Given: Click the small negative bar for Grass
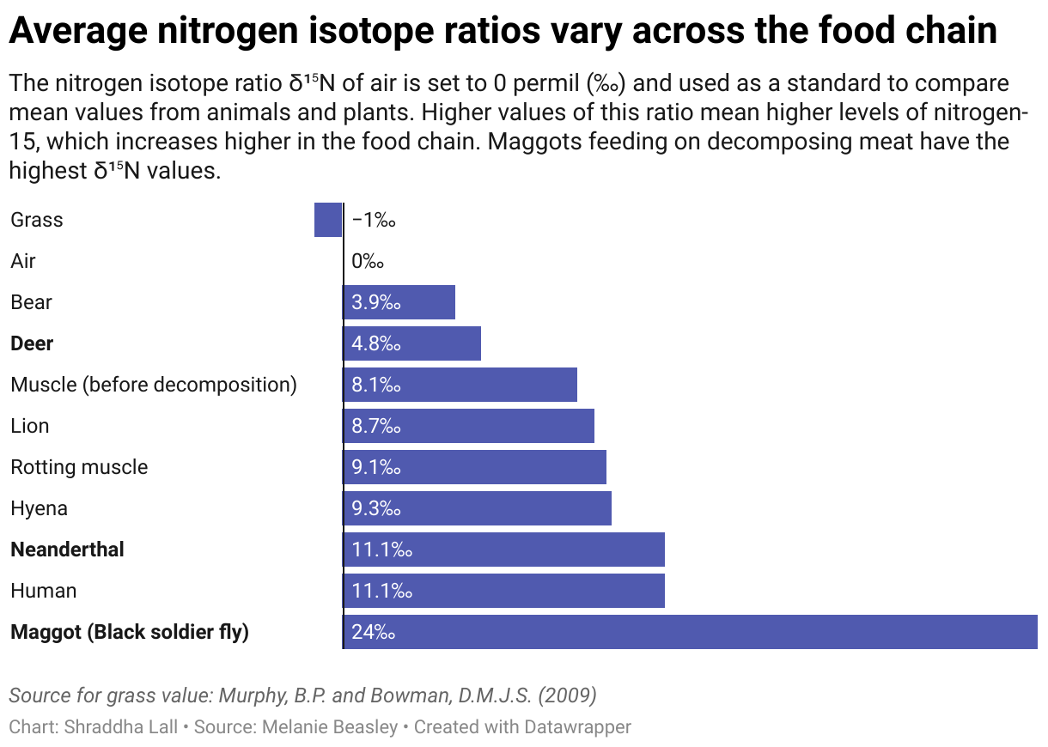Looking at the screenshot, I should tap(328, 220).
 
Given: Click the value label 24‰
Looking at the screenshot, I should tap(373, 633).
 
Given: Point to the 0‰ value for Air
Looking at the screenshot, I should tap(367, 261).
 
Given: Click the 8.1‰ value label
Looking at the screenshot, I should tap(376, 385).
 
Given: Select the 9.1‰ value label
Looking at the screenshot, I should tap(376, 467).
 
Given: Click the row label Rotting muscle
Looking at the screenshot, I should tap(79, 467).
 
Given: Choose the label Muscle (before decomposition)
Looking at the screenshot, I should tap(154, 385).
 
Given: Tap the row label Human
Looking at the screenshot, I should tap(44, 591).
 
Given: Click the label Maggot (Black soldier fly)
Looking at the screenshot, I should tap(130, 633).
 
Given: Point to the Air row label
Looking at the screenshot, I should tap(23, 261).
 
